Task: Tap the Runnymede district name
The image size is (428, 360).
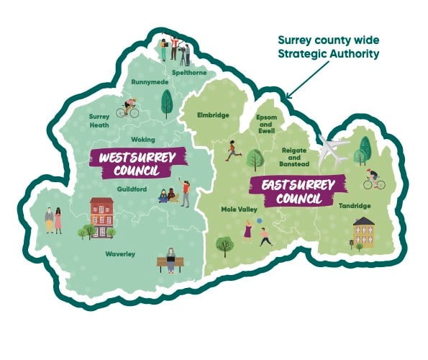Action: [x=150, y=83]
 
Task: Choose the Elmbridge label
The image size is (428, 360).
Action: [x=214, y=114]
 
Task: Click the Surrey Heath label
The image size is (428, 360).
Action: [x=99, y=120]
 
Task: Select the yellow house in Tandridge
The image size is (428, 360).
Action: [x=364, y=231]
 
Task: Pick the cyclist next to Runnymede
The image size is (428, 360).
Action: [x=130, y=108]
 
